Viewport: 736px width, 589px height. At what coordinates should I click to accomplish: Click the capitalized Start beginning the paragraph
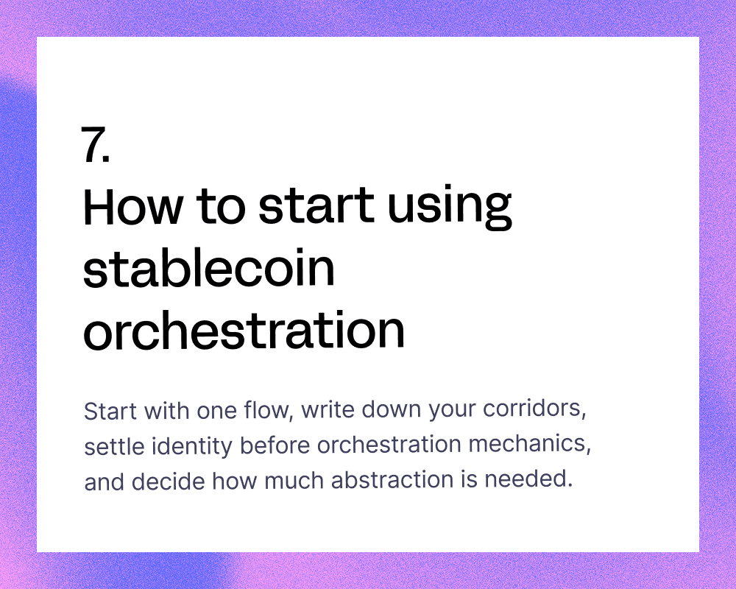pyautogui.click(x=110, y=411)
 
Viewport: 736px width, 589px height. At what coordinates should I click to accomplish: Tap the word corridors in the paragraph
pyautogui.click(x=534, y=408)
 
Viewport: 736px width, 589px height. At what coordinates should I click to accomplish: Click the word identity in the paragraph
pyautogui.click(x=191, y=445)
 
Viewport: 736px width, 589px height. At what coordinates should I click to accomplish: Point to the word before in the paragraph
pyautogui.click(x=275, y=445)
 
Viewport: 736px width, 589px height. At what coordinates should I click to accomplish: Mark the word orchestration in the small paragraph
pyautogui.click(x=389, y=444)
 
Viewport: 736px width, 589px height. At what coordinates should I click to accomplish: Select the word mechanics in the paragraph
pyautogui.click(x=530, y=443)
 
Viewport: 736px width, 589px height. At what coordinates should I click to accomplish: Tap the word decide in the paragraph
pyautogui.click(x=168, y=481)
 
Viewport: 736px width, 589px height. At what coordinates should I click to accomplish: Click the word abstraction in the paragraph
pyautogui.click(x=392, y=479)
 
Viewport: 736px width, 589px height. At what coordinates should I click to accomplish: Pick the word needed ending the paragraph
pyautogui.click(x=528, y=479)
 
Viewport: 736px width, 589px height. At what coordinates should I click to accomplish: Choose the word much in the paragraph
pyautogui.click(x=294, y=481)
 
